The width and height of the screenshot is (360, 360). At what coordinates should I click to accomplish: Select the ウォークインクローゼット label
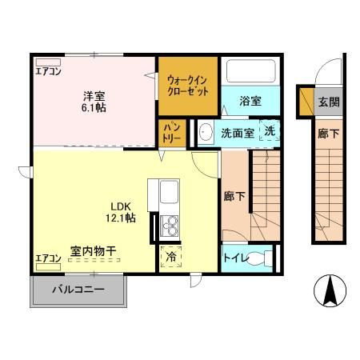click(187, 86)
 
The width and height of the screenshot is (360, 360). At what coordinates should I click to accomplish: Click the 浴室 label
click(250, 101)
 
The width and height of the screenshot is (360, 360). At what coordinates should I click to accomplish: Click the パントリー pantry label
click(172, 132)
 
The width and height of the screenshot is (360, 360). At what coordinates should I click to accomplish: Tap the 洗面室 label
click(238, 134)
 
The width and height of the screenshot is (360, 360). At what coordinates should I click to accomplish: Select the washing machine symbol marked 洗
click(270, 131)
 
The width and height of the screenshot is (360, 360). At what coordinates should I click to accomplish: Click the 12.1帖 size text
click(118, 218)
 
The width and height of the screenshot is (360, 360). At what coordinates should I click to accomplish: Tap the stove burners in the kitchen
click(170, 225)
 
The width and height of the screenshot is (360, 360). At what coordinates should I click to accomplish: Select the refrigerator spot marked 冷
click(171, 258)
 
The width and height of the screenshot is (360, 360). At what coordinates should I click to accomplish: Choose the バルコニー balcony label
click(79, 289)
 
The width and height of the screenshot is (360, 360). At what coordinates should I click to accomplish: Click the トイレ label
click(234, 258)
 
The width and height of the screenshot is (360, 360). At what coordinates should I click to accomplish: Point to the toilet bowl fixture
click(258, 258)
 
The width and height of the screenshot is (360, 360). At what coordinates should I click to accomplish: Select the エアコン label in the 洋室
click(47, 70)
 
